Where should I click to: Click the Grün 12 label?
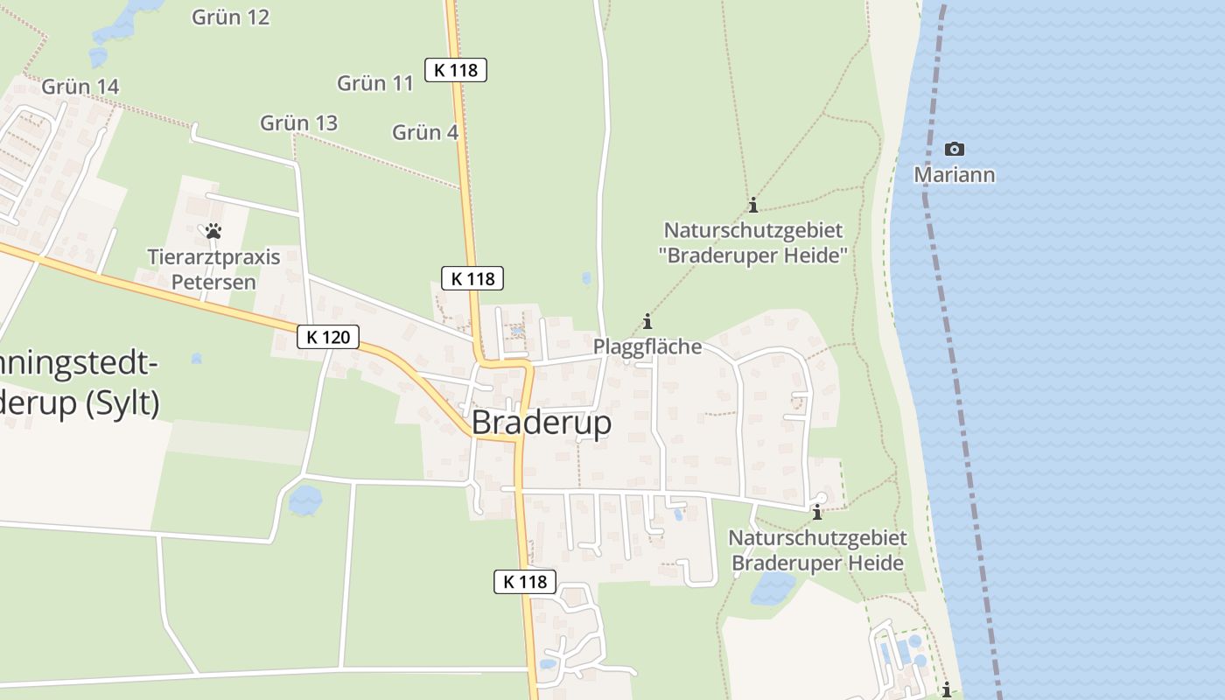tap(230, 17)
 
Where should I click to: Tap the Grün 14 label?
tap(80, 87)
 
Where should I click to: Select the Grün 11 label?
tap(375, 83)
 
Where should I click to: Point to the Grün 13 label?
tap(298, 123)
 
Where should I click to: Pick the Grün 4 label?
tap(425, 133)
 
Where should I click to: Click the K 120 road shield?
tap(328, 337)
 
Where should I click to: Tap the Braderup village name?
tap(541, 423)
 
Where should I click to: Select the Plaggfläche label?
tap(647, 346)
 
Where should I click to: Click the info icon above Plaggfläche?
tap(647, 321)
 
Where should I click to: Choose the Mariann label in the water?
tap(954, 175)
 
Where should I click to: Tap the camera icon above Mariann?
tap(955, 149)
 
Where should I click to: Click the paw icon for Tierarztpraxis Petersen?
tap(213, 232)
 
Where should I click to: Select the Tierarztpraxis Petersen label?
tap(213, 269)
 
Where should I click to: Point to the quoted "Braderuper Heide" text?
tap(753, 256)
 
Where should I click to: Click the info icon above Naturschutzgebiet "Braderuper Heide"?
tap(752, 206)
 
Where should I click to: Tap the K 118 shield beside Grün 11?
tap(456, 70)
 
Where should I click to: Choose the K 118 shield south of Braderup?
tap(525, 582)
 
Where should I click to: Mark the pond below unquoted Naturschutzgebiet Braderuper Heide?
tap(773, 589)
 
